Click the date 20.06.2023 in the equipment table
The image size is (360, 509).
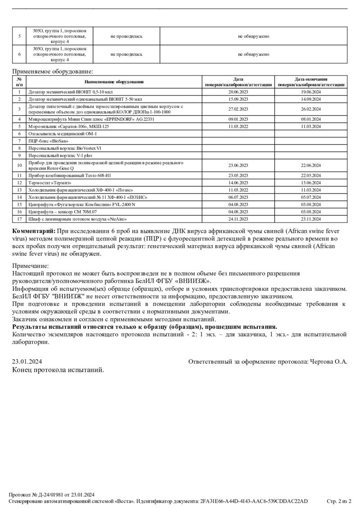[238, 92]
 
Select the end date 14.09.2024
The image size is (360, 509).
[310, 99]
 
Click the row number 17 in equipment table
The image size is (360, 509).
[19, 219]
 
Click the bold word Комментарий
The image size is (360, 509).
[34, 231]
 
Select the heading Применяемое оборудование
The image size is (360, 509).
[53, 71]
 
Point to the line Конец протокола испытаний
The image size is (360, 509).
[58, 370]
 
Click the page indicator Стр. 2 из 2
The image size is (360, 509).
[338, 501]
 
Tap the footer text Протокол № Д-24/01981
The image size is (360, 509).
[38, 494]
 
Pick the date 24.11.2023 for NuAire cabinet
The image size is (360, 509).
[238, 219]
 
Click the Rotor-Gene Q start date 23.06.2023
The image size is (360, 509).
[238, 165]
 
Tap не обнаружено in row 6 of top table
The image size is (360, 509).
[254, 54]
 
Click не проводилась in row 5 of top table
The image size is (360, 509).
[126, 36]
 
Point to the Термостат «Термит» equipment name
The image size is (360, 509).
[49, 183]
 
